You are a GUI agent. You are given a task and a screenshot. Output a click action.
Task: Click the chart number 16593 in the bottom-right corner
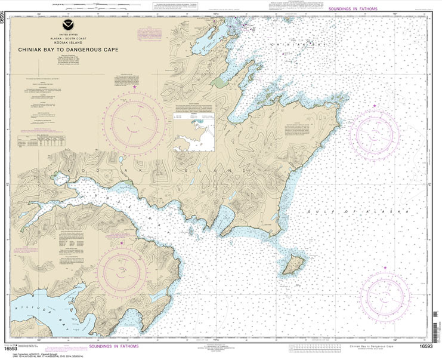coord(425,346)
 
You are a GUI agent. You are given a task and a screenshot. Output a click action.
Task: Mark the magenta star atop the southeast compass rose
coord(385,267)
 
